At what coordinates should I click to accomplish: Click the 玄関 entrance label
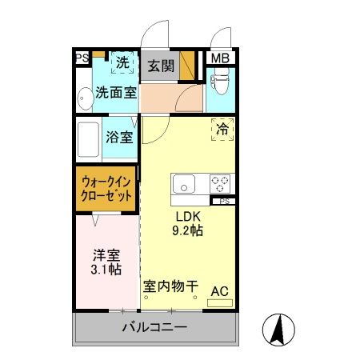pos(160,66)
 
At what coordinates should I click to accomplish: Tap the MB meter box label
pos(218,58)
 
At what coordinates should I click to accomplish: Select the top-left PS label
pos(81,58)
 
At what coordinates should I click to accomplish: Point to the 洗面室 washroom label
pos(116,92)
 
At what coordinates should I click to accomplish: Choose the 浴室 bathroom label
pos(118,136)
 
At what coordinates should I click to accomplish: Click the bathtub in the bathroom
pos(89,142)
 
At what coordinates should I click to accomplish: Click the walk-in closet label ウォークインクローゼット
pos(106,189)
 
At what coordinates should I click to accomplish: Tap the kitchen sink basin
pos(185,184)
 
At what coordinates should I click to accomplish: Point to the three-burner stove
pos(219,184)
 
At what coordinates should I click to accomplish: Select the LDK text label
pos(189,216)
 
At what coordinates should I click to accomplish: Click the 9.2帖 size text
pos(189,231)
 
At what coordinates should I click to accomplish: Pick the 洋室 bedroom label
pos(106,255)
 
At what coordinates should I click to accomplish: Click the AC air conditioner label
pos(219,291)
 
